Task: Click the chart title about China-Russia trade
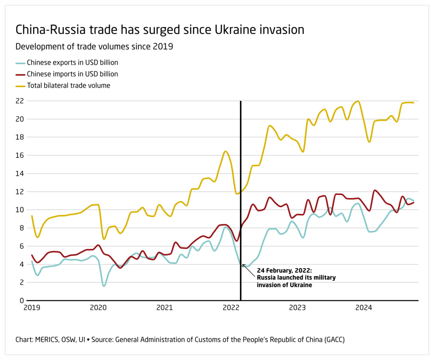pos(160,30)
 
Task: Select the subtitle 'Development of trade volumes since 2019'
pos(94,47)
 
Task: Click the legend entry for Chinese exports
pos(72,63)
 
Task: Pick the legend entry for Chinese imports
pos(72,74)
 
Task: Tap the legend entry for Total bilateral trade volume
pos(68,85)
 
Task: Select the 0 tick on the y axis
pos(21,300)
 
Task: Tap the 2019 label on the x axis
pos(31,308)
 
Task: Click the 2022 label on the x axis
pos(231,308)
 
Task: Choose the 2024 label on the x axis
pos(364,308)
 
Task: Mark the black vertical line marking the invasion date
pos(241,181)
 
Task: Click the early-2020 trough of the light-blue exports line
pos(104,286)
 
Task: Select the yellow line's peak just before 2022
pos(226,151)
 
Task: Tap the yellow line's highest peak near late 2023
pos(358,101)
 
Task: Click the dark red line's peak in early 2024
pos(375,190)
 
